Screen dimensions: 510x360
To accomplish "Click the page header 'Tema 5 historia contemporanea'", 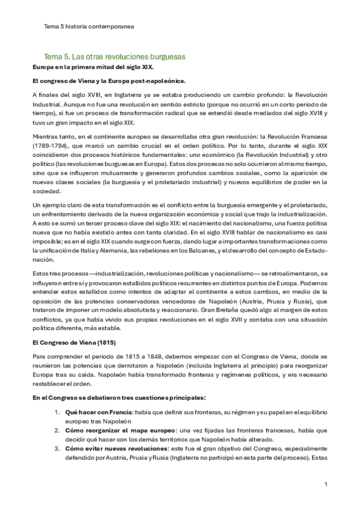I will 89,26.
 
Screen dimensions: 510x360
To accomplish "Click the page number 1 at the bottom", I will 325,483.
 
